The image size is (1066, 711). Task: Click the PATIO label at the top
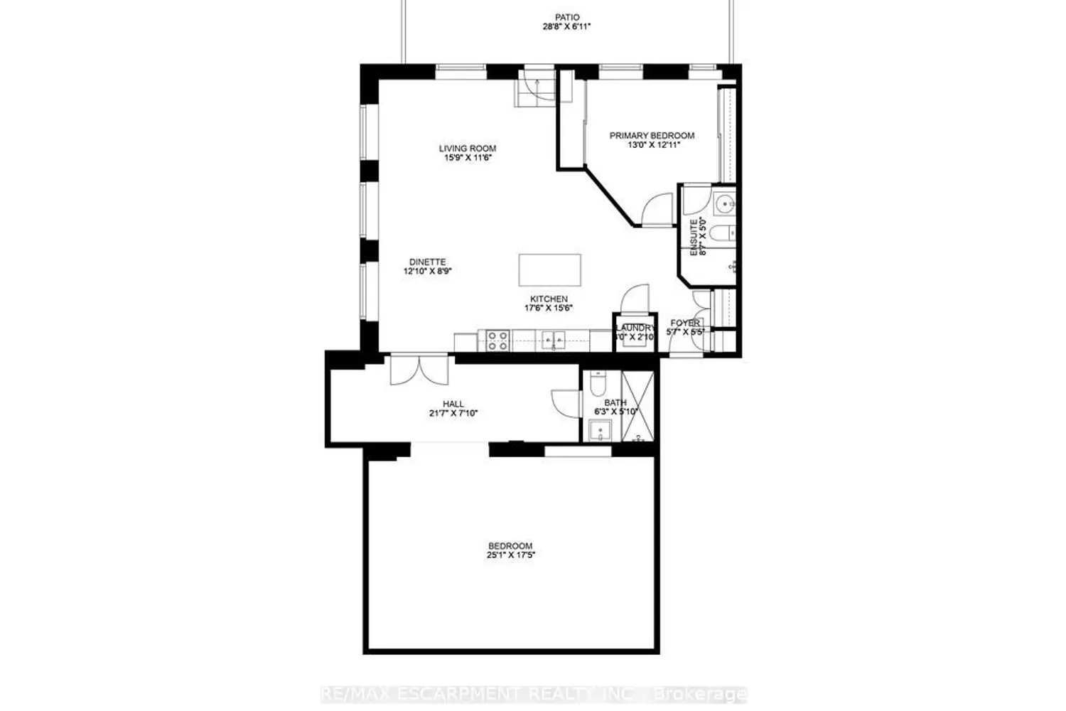pos(567,17)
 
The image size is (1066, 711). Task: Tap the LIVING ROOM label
pos(467,149)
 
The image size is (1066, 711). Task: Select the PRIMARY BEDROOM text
pos(652,135)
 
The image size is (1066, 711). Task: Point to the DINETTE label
pos(428,262)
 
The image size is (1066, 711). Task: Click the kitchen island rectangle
pos(549,269)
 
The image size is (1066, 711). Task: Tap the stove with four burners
pos(497,341)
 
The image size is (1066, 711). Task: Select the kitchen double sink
pos(554,341)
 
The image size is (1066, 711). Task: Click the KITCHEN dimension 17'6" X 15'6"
pos(549,309)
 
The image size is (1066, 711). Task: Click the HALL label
pos(453,404)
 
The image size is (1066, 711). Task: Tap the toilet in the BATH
pos(597,383)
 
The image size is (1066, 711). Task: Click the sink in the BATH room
pos(601,431)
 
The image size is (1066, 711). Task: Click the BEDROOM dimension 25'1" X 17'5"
pos(510,555)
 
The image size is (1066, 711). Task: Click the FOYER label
pos(685,324)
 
